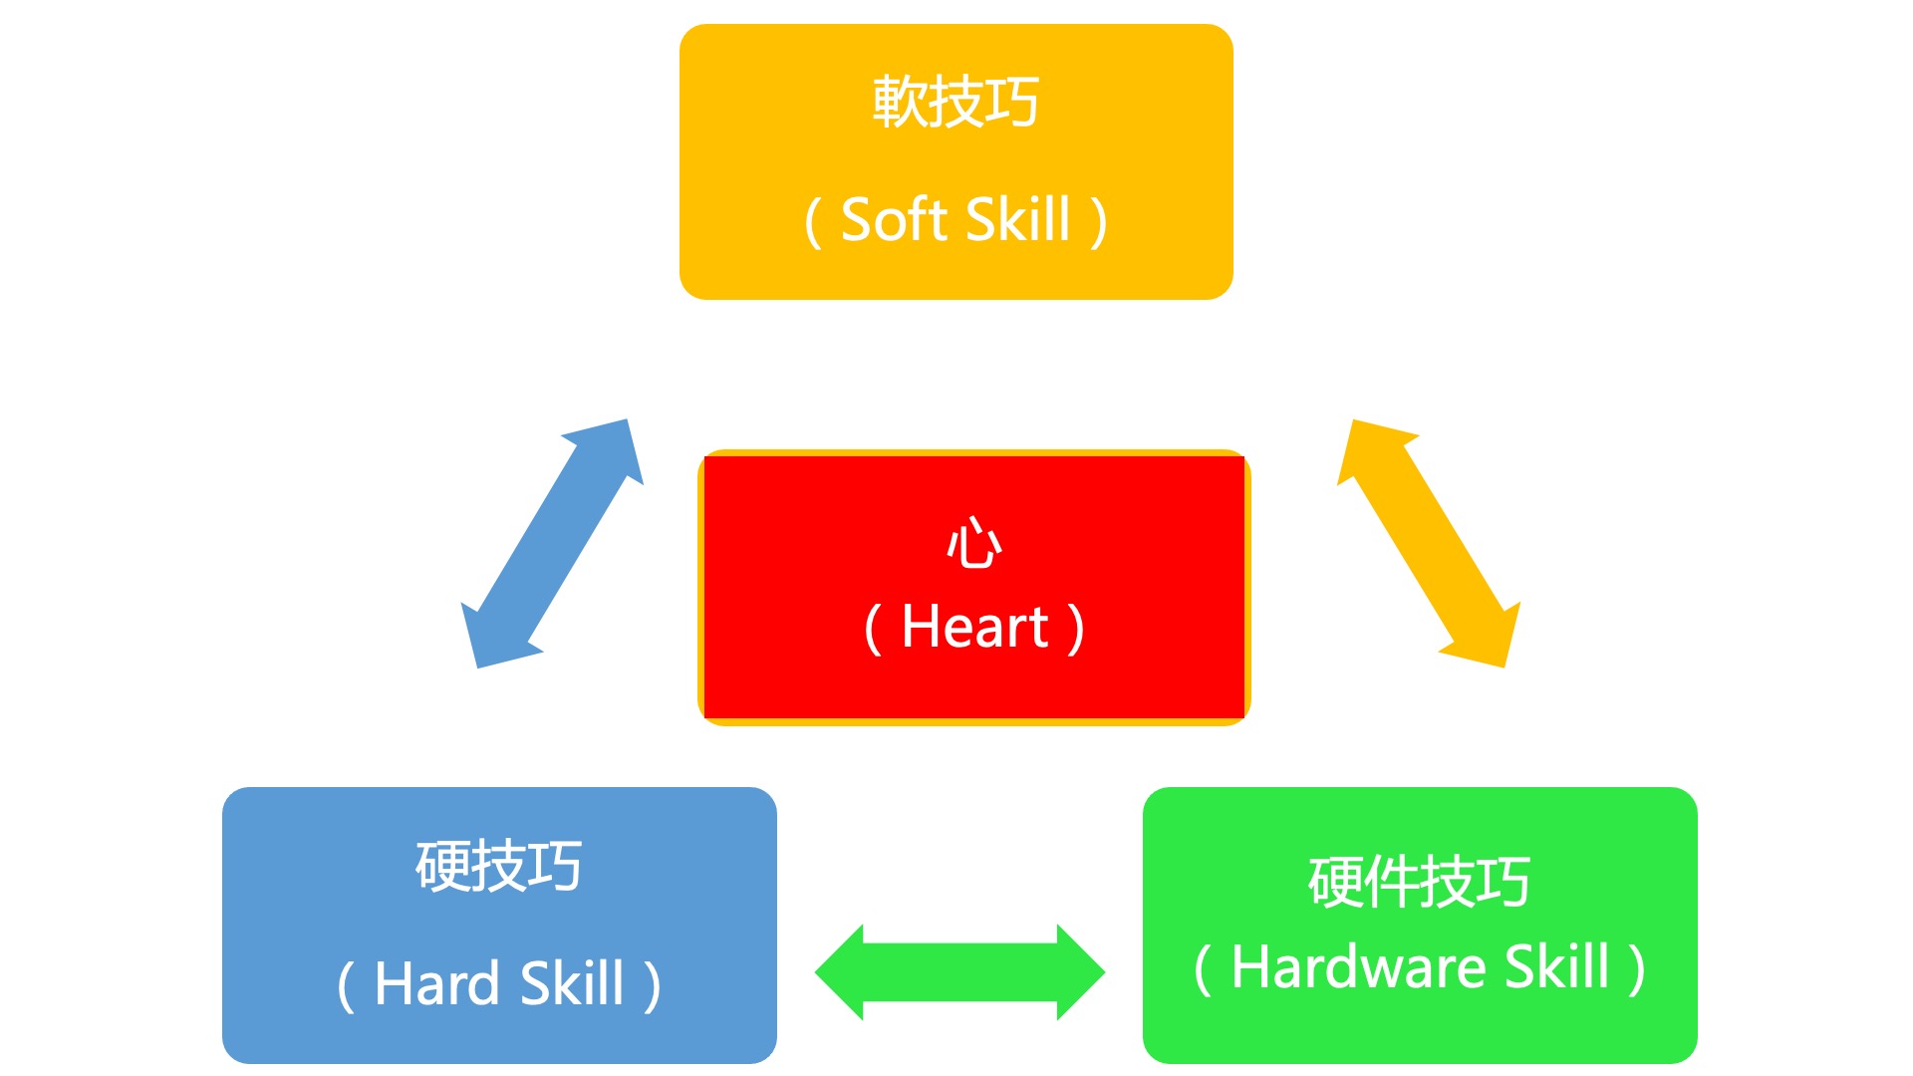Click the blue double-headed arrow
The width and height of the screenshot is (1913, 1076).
pyautogui.click(x=552, y=544)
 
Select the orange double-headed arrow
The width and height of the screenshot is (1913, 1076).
pyautogui.click(x=1429, y=544)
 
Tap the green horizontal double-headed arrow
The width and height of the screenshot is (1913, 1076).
pyautogui.click(x=959, y=972)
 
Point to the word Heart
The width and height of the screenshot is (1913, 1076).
pyautogui.click(x=974, y=628)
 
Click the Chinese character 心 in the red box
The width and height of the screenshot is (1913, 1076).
pyautogui.click(x=973, y=544)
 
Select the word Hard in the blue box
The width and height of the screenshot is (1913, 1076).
pyautogui.click(x=436, y=984)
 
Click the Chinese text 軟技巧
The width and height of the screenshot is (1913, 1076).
pyautogui.click(x=956, y=102)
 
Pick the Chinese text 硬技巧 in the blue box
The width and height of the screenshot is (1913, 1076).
pyautogui.click(x=498, y=866)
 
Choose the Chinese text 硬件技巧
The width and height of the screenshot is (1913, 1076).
pyautogui.click(x=1419, y=882)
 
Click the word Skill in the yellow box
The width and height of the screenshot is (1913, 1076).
pyautogui.click(x=1017, y=220)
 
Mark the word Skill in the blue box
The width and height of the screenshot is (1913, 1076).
pyautogui.click(x=572, y=984)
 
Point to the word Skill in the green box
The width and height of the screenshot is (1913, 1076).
pyautogui.click(x=1556, y=966)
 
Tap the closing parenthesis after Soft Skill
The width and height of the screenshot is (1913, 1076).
pyautogui.click(x=1098, y=222)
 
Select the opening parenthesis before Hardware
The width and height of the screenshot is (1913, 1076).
pyautogui.click(x=1203, y=968)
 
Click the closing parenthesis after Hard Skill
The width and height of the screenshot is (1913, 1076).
pyautogui.click(x=653, y=986)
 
